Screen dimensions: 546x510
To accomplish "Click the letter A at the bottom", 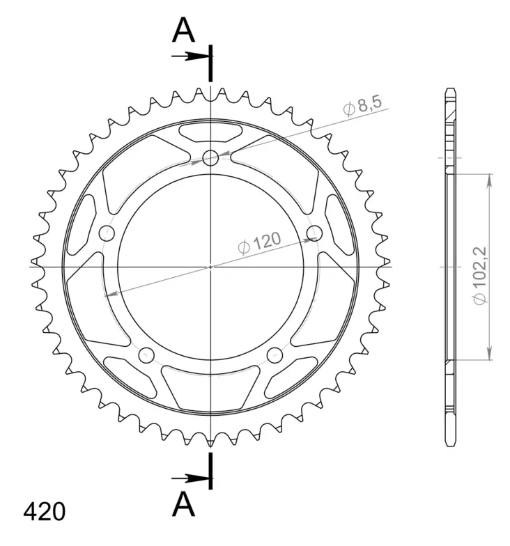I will point(183,504).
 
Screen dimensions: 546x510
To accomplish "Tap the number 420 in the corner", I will point(45,512).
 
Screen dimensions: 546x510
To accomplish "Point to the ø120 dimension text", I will point(258,243).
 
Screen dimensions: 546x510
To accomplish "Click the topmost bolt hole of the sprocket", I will point(210,157).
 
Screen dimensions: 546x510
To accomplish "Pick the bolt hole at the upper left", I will point(107,232).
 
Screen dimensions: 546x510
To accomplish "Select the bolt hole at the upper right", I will point(314,232).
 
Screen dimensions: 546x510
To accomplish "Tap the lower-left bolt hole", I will point(146,355).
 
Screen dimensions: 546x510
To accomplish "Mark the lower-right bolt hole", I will point(274,355).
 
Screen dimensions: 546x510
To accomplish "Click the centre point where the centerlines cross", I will point(210,266).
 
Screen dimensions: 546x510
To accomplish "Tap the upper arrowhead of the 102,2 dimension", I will point(489,180).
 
